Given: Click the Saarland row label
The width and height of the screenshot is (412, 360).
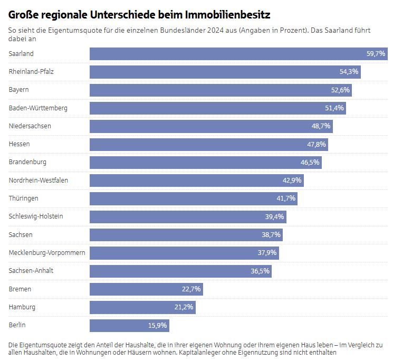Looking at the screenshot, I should tap(21, 54).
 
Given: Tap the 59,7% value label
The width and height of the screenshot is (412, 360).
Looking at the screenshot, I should tap(376, 54).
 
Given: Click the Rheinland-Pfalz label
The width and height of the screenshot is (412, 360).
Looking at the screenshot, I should tap(32, 72).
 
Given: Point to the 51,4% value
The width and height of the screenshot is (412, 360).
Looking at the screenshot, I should tap(334, 108).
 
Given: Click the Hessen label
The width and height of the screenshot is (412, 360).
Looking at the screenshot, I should tap(20, 144).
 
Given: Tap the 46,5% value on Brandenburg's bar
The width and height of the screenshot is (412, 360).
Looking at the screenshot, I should tap(310, 162).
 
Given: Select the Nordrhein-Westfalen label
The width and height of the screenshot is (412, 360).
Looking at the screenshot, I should tap(39, 180).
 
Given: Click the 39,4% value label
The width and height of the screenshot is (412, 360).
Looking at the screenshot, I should tap(274, 216).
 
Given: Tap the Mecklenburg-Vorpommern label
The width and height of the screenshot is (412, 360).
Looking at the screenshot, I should tap(47, 252).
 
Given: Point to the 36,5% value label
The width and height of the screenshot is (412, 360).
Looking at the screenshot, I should tap(260, 271).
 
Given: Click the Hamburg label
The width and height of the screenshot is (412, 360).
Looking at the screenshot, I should tap(22, 307).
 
